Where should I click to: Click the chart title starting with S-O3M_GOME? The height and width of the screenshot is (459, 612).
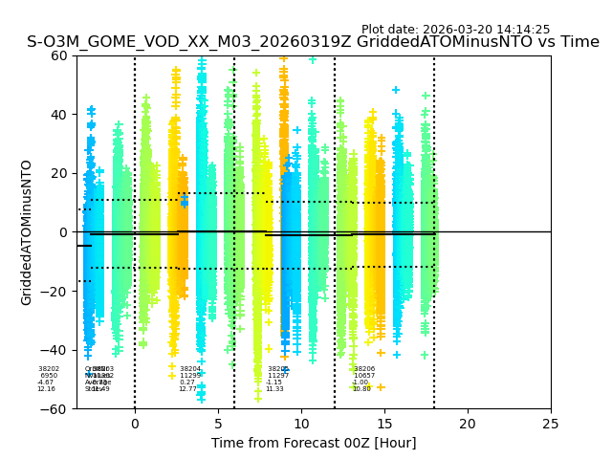313,42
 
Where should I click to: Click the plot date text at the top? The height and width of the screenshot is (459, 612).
455,30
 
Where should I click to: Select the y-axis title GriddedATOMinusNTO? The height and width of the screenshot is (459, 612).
27,232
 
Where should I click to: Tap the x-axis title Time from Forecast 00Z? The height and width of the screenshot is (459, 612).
314,443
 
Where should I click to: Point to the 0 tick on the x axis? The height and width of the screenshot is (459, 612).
135,423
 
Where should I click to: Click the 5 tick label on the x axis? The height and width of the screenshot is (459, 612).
218,423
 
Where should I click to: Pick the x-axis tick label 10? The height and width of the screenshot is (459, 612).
301,423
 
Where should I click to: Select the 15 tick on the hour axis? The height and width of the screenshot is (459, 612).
384,423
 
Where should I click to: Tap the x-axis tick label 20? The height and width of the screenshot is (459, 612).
468,423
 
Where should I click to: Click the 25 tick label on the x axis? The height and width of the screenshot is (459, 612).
551,423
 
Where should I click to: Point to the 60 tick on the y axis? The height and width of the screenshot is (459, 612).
60,55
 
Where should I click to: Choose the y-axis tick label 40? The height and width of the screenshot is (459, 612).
60,115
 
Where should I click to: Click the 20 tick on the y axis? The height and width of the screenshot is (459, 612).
60,173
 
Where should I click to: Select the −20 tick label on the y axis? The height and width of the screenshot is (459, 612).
56,291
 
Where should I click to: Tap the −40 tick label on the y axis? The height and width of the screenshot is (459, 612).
56,350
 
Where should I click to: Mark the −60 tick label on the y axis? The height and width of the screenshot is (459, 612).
56,408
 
